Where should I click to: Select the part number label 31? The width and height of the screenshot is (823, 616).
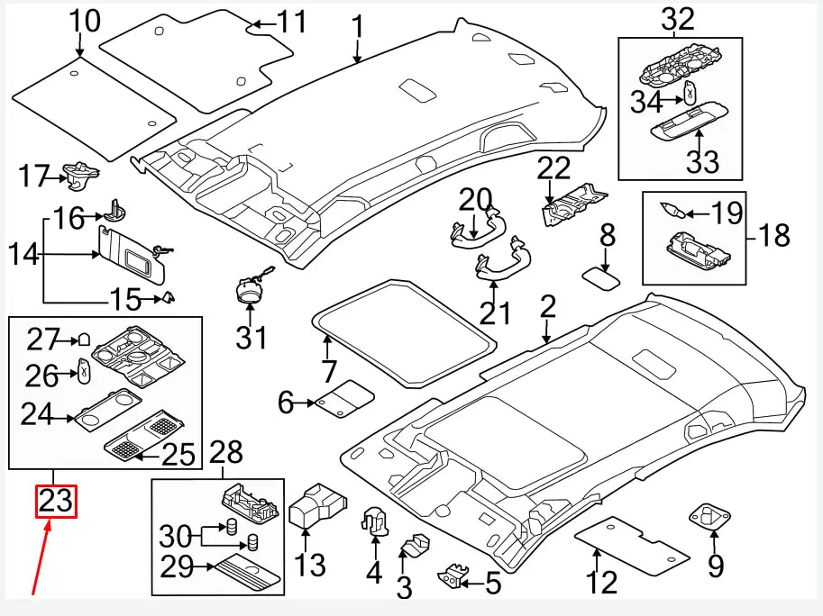(252, 338)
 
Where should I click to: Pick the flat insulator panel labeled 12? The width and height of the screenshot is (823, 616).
(635, 546)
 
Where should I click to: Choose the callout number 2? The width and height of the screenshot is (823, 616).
(547, 308)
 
